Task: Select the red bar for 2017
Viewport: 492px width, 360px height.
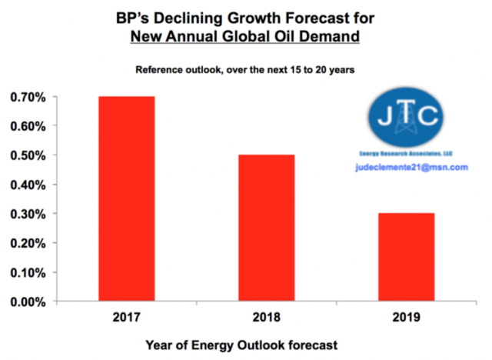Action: (x=126, y=198)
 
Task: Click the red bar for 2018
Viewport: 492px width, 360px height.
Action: (x=266, y=228)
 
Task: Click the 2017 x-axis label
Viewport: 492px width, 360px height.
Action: (x=126, y=316)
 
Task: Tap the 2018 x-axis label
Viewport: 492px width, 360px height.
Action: (x=266, y=316)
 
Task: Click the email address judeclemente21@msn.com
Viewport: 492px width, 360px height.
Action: (x=411, y=167)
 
